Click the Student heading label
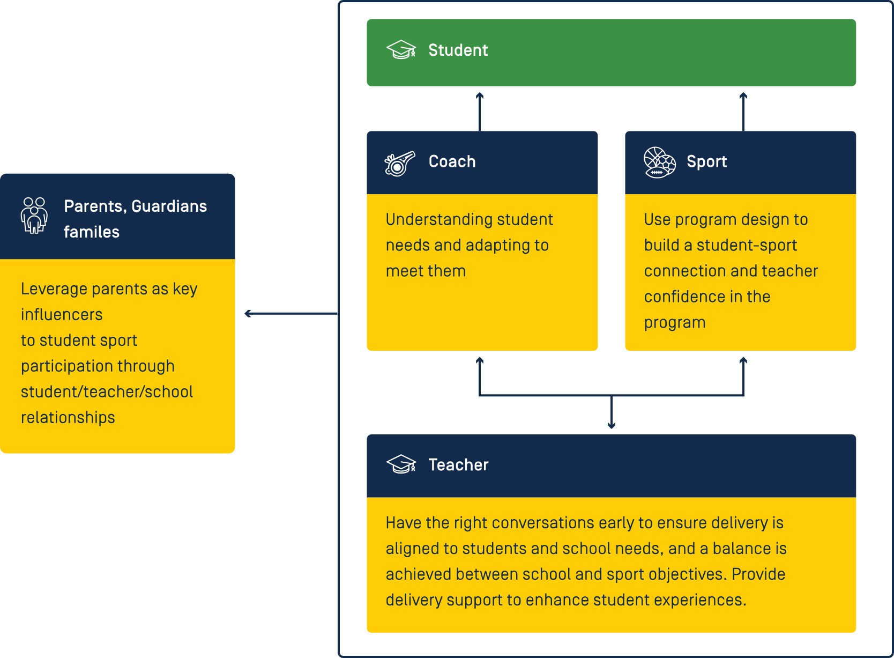pos(458,50)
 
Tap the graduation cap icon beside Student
pos(401,49)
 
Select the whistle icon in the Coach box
pos(400,164)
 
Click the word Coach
pos(452,162)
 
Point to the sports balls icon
pos(660,162)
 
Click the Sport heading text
pos(706,162)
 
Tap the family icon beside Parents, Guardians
pos(34,216)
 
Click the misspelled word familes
pos(92,232)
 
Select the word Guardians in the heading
pos(169,206)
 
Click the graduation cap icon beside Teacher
pos(401,464)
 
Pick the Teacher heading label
pos(458,465)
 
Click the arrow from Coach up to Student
pos(480,112)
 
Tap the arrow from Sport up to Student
pos(743,112)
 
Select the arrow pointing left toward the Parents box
pos(291,314)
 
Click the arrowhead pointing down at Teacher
pos(612,426)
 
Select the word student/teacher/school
pos(107,391)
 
